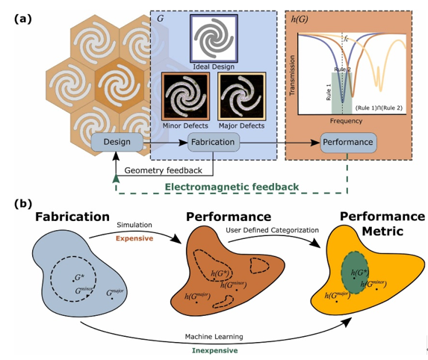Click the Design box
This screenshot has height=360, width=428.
(x=117, y=142)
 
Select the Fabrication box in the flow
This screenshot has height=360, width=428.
(x=213, y=142)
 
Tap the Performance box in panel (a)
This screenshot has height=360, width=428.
(x=348, y=142)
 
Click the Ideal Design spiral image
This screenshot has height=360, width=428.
(x=214, y=39)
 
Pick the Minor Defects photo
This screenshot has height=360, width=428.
(x=185, y=96)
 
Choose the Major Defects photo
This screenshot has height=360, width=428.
(x=241, y=96)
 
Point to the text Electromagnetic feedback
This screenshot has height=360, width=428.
(x=232, y=187)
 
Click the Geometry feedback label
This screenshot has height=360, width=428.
(x=164, y=170)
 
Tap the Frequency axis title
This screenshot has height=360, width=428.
(x=346, y=121)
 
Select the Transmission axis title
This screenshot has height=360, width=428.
(x=292, y=75)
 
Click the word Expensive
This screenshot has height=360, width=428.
(x=134, y=238)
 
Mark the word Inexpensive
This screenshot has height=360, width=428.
(x=214, y=350)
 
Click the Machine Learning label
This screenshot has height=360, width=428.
(x=214, y=337)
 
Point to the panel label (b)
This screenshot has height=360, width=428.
(x=23, y=204)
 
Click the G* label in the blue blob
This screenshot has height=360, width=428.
(x=79, y=278)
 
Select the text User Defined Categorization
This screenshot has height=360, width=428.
(x=272, y=230)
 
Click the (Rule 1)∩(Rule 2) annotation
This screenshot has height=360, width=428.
(x=379, y=108)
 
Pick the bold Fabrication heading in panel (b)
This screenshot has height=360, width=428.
(x=72, y=217)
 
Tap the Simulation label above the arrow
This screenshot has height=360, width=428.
(x=134, y=225)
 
